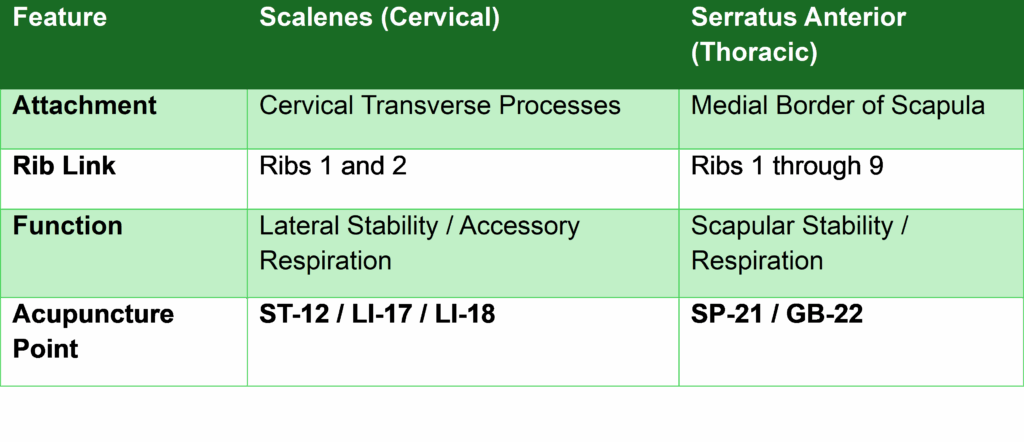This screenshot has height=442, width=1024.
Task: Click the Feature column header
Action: tap(59, 18)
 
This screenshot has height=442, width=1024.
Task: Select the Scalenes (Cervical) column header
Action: tap(379, 18)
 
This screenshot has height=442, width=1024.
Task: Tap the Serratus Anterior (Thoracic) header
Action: tap(798, 35)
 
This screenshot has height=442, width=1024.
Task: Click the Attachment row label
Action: tap(84, 106)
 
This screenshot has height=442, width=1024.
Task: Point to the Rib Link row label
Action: tap(64, 166)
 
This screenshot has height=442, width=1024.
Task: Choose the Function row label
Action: tap(67, 226)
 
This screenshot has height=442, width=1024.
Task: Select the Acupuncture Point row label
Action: tap(93, 331)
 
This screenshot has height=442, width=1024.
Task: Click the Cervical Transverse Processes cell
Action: tap(440, 106)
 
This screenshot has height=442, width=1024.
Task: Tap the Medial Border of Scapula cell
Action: tap(838, 106)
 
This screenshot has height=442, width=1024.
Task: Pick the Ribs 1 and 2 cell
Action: tap(333, 166)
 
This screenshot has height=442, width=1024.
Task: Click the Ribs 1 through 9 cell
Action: tap(787, 166)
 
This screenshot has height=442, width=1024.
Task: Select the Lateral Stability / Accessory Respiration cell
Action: tap(419, 244)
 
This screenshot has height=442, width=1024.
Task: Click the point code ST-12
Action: tap(294, 315)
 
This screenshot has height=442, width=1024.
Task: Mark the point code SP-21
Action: tap(726, 315)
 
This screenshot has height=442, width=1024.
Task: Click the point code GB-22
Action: tap(825, 315)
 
